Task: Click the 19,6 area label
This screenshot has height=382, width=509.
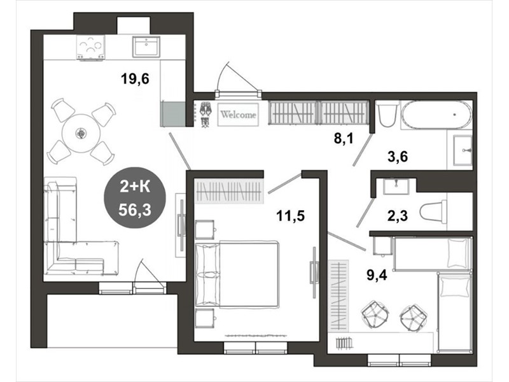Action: tap(135, 78)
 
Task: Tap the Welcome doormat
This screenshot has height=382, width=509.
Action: tap(238, 115)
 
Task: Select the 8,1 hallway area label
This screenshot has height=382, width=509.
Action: tap(344, 139)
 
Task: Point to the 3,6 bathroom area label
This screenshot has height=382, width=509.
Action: tap(398, 157)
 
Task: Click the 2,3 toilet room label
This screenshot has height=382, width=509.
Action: tap(397, 215)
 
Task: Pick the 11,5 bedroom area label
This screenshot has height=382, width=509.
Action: tap(291, 215)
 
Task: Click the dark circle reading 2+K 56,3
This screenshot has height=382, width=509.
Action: tap(135, 197)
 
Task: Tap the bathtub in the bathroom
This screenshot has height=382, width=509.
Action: tap(436, 114)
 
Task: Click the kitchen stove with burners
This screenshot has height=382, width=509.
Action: tap(90, 47)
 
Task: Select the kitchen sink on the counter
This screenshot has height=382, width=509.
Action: tap(146, 46)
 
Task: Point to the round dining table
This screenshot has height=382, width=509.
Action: tap(80, 133)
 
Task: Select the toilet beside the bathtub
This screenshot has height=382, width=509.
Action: tap(387, 114)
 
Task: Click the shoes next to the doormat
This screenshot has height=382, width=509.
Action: tap(205, 114)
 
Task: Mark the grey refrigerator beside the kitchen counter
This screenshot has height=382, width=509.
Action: tap(173, 114)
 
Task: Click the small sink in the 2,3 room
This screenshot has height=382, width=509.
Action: tap(396, 186)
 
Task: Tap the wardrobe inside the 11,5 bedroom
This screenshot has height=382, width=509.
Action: tap(229, 190)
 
